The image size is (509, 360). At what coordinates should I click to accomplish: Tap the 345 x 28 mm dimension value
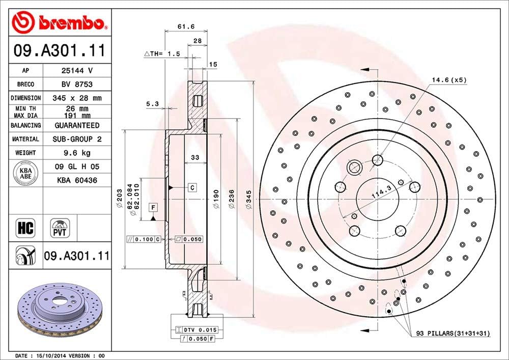coord(76,98)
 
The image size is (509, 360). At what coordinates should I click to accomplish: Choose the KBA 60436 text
coord(76,180)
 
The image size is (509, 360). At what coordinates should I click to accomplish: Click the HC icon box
coord(25,228)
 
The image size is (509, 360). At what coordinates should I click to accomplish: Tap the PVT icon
coord(60,228)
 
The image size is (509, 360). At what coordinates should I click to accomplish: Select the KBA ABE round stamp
coord(25,173)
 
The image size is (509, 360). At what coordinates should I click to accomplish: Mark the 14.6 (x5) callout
coord(449,80)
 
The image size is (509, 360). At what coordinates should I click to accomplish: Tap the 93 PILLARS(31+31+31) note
coord(453,333)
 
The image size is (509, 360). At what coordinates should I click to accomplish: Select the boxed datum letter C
coord(192,187)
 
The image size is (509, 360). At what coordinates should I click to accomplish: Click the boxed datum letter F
coord(152,207)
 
